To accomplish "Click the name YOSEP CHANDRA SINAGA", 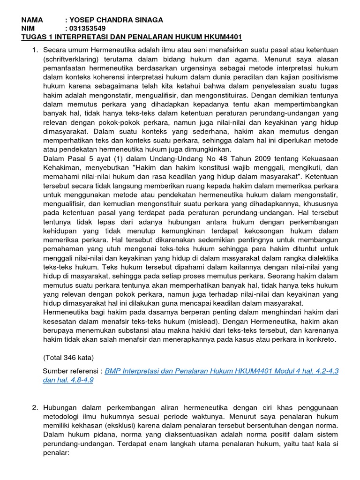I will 117,20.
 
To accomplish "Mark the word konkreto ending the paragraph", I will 319,339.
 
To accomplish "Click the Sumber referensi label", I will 72,371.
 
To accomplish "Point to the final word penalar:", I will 56,453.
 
